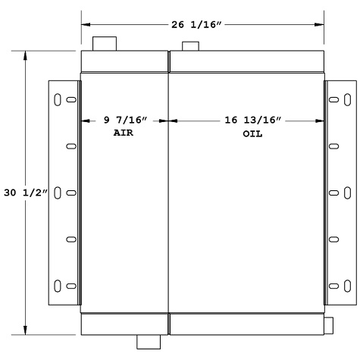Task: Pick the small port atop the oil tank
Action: point(191,46)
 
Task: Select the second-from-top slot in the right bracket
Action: point(334,146)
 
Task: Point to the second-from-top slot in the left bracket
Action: point(70,146)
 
